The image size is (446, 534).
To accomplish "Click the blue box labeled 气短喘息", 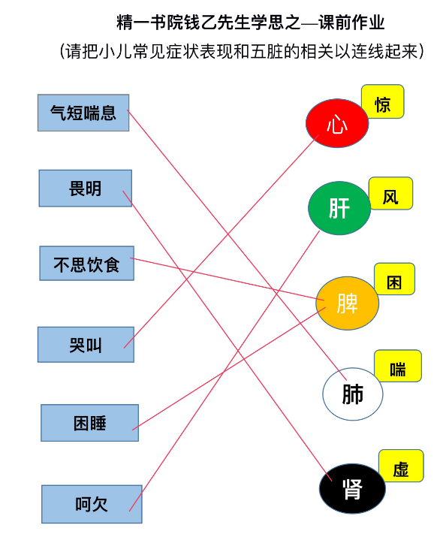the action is click(x=83, y=113).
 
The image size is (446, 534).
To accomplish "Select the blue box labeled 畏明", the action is click(x=86, y=189).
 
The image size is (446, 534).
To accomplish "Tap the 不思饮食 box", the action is click(x=87, y=264).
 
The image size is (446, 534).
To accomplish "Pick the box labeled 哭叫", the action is click(x=86, y=345).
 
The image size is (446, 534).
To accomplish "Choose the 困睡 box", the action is click(x=90, y=423).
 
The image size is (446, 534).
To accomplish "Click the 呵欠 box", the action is click(x=92, y=505).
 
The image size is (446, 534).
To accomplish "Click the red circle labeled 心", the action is click(x=337, y=123).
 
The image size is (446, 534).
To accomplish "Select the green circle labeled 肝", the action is click(x=339, y=208).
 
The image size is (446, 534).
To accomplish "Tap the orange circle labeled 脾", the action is click(x=348, y=303).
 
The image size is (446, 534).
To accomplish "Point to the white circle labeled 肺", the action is click(x=353, y=394).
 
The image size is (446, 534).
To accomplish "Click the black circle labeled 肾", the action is click(x=352, y=489).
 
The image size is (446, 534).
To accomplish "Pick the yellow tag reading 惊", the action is click(x=383, y=102).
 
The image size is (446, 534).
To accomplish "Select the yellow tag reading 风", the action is click(x=391, y=194).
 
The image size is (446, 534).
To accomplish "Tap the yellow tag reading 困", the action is click(x=395, y=279).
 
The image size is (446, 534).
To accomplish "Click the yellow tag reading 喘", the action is click(x=398, y=366).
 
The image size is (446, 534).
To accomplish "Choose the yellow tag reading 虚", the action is click(x=401, y=466).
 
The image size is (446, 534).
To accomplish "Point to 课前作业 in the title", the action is click(x=351, y=23).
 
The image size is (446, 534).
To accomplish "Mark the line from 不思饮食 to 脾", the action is click(x=228, y=279).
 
